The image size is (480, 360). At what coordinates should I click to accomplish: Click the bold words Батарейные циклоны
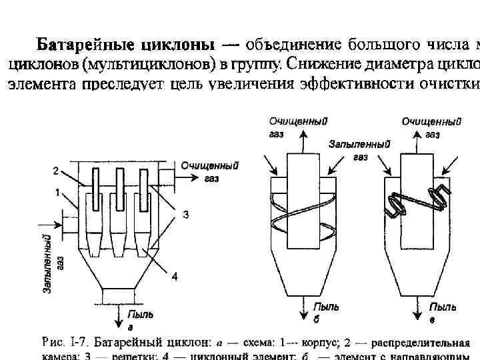[x=125, y=46]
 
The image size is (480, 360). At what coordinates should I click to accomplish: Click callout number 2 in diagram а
[x=56, y=171]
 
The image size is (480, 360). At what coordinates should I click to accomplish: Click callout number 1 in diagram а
[x=59, y=192]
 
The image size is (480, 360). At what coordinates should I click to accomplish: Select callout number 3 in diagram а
[x=186, y=215]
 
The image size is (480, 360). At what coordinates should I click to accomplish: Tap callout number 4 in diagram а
[x=174, y=277]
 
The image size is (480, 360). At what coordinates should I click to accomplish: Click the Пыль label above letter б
[x=327, y=307]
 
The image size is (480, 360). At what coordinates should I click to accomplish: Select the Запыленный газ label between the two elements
[x=359, y=150]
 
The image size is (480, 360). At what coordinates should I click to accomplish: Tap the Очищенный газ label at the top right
[x=432, y=127]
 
